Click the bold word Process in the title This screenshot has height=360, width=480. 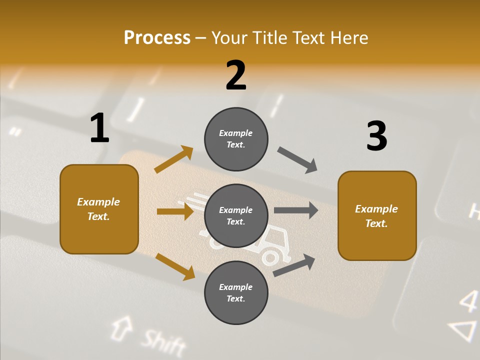[x=157, y=37]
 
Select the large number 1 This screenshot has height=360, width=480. [x=99, y=128]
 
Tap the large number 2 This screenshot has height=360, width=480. [x=236, y=75]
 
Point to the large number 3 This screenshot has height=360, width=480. [x=376, y=136]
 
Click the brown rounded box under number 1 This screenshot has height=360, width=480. [x=99, y=209]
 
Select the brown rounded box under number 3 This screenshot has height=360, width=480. [x=377, y=215]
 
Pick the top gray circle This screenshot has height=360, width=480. [x=236, y=139]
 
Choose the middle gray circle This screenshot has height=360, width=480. [x=236, y=215]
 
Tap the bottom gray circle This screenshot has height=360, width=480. [x=236, y=292]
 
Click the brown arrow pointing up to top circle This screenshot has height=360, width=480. [x=174, y=159]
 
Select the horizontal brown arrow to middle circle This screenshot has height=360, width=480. [x=175, y=211]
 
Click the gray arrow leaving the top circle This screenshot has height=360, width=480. [x=297, y=160]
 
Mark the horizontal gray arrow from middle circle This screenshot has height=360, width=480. [x=296, y=210]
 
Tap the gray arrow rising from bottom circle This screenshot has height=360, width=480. [x=294, y=265]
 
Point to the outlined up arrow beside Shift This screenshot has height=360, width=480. [x=119, y=327]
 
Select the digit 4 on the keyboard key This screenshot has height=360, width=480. [x=468, y=301]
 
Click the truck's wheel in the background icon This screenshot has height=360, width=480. [x=270, y=257]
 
